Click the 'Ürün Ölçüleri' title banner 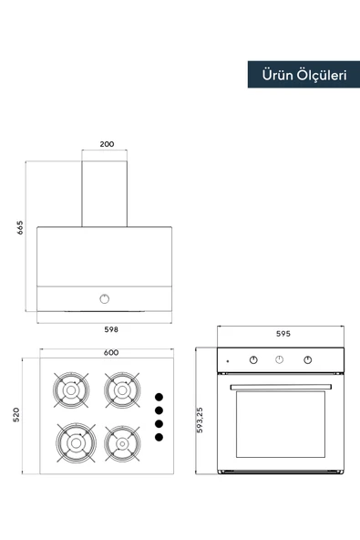[303, 75]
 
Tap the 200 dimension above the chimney [107, 144]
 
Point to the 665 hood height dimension [20, 228]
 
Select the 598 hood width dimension [111, 329]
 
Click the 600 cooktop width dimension [111, 352]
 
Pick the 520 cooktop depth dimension [15, 415]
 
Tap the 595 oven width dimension [283, 333]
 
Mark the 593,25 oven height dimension [200, 421]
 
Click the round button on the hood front [105, 298]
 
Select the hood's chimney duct [104, 193]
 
